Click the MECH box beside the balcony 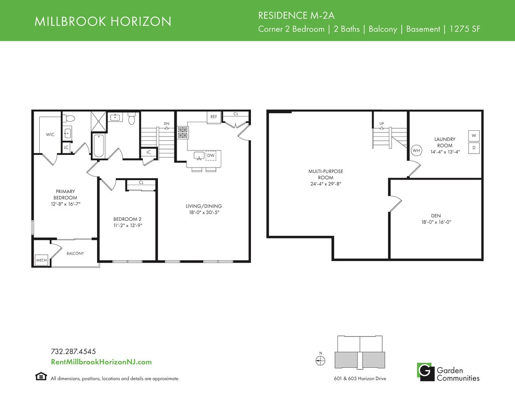tap(41, 260)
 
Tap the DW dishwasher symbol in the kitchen tap(211, 155)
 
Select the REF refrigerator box tap(214, 117)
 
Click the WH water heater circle tap(416, 150)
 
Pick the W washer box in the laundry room tap(474, 135)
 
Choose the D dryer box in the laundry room tap(474, 148)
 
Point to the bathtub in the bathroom tap(99, 146)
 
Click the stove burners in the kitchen tap(183, 132)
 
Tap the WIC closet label tap(50, 134)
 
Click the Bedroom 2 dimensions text tap(127, 225)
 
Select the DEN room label tap(436, 215)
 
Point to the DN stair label tap(166, 124)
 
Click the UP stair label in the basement tap(382, 124)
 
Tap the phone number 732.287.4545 tap(73, 351)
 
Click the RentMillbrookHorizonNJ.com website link tap(101, 362)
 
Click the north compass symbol tap(320, 361)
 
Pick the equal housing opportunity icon tap(41, 376)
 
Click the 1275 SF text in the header tap(465, 29)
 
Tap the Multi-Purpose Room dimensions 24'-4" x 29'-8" tap(325, 184)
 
